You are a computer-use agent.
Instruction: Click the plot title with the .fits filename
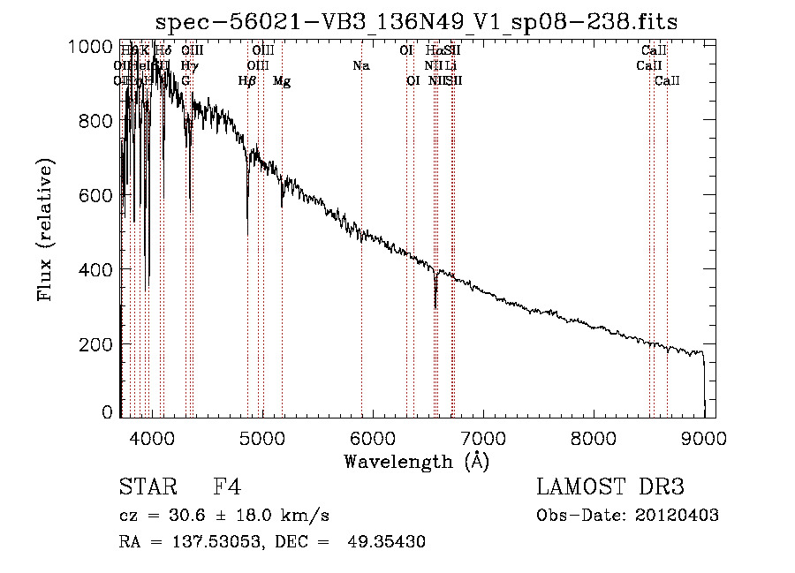coord(416,22)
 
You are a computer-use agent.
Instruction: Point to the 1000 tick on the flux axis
coord(92,47)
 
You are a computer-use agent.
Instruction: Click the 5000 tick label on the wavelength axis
coord(261,437)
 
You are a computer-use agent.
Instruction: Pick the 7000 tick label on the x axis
coord(483,437)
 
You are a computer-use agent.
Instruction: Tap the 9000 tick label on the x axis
coord(704,437)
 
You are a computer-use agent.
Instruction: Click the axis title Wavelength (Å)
coord(416,461)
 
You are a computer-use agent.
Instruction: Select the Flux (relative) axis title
coord(45,230)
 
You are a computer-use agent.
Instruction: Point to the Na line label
coord(360,65)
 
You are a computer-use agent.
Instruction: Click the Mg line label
coord(282,81)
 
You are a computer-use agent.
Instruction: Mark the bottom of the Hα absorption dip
coord(435,307)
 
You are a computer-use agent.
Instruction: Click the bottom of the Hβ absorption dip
coord(247,233)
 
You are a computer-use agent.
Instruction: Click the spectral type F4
coord(227,487)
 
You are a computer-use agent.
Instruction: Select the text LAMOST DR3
coord(610,487)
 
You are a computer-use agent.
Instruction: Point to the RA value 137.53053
coord(206,542)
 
